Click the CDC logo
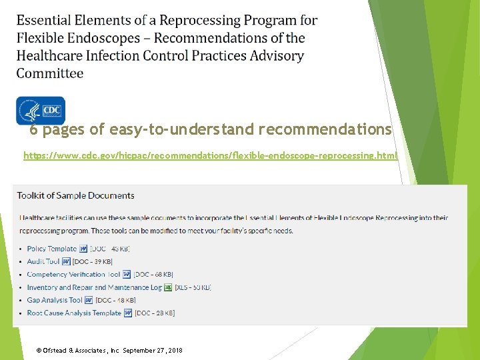(x=40, y=110)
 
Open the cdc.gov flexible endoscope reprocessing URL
(x=211, y=155)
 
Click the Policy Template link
(x=51, y=249)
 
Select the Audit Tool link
(x=43, y=261)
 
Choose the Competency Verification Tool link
(x=73, y=274)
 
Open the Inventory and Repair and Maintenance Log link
(x=94, y=287)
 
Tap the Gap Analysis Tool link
(x=55, y=300)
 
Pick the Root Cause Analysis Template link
(x=74, y=313)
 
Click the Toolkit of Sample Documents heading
(x=75, y=195)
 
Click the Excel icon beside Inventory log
(x=168, y=287)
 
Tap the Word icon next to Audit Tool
(x=66, y=261)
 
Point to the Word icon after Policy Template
(x=82, y=249)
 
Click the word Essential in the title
(x=45, y=21)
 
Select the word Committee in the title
(x=50, y=73)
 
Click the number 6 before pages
(x=33, y=129)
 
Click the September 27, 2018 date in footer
(x=153, y=350)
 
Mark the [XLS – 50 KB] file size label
(x=193, y=287)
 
